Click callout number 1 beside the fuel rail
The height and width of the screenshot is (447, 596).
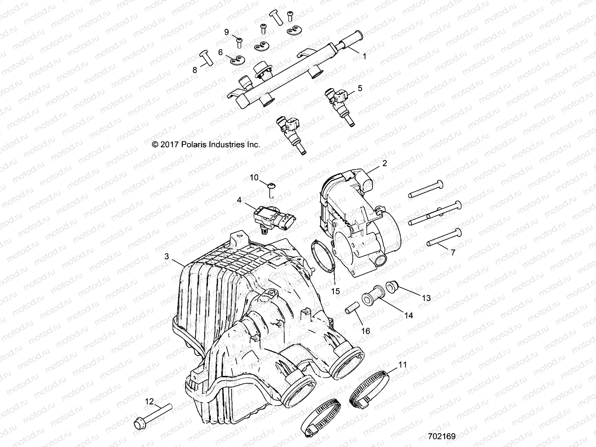[365, 56]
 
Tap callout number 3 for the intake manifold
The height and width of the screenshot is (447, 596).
[167, 256]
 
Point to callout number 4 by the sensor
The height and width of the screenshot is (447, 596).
[239, 200]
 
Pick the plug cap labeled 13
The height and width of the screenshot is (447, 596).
[403, 286]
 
